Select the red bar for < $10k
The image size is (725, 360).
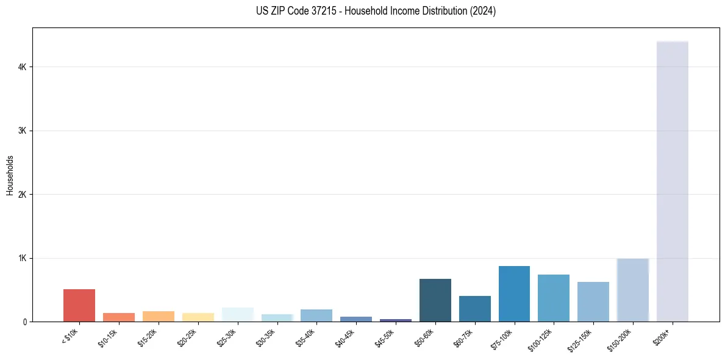pos(79,305)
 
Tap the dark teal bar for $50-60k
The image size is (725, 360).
pos(435,300)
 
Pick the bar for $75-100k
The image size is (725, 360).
pos(514,293)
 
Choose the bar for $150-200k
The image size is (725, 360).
pos(632,290)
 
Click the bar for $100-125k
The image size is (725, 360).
pos(554,298)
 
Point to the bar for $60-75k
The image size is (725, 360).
pos(474,309)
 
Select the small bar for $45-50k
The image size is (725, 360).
pos(396,320)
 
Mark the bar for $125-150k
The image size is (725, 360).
pos(593,301)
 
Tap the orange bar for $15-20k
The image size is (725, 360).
pos(159,316)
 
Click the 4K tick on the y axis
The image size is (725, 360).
pos(23,67)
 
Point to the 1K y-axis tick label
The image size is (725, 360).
pos(23,258)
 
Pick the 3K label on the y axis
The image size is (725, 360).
pos(23,131)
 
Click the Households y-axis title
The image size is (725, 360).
pos(10,175)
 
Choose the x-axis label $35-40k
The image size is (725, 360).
pos(305,337)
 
